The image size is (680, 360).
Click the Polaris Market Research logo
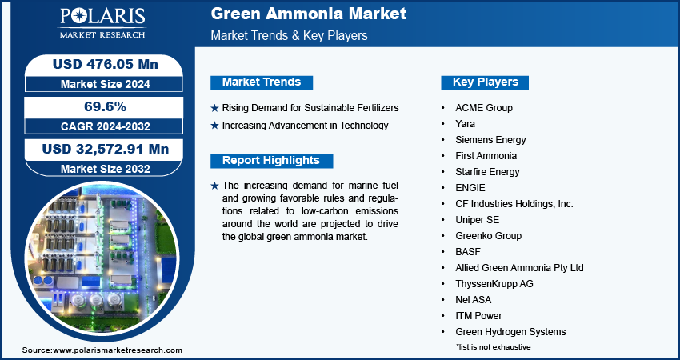[x=102, y=23]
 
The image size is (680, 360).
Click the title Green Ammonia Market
[x=308, y=14]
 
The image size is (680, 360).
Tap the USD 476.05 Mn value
[x=106, y=64]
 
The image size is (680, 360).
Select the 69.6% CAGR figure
[x=105, y=106]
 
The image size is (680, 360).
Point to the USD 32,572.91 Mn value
[x=106, y=149]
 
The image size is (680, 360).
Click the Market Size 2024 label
[x=106, y=84]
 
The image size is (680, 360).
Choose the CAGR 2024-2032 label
[x=106, y=126]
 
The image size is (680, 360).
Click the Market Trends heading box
[x=262, y=82]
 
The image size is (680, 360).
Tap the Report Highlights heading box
[x=271, y=161]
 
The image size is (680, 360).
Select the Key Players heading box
[x=485, y=82]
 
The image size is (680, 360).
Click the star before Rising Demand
[x=214, y=108]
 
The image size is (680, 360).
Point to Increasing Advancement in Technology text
[x=306, y=126]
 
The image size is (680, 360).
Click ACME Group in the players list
[x=483, y=107]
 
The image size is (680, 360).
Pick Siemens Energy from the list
[x=490, y=140]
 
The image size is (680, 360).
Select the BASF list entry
[x=468, y=251]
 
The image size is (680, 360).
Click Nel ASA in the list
[x=473, y=300]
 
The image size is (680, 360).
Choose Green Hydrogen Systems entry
[x=510, y=332]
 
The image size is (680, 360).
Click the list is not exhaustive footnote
[x=493, y=347]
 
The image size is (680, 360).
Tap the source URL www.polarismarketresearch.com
[x=118, y=350]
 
